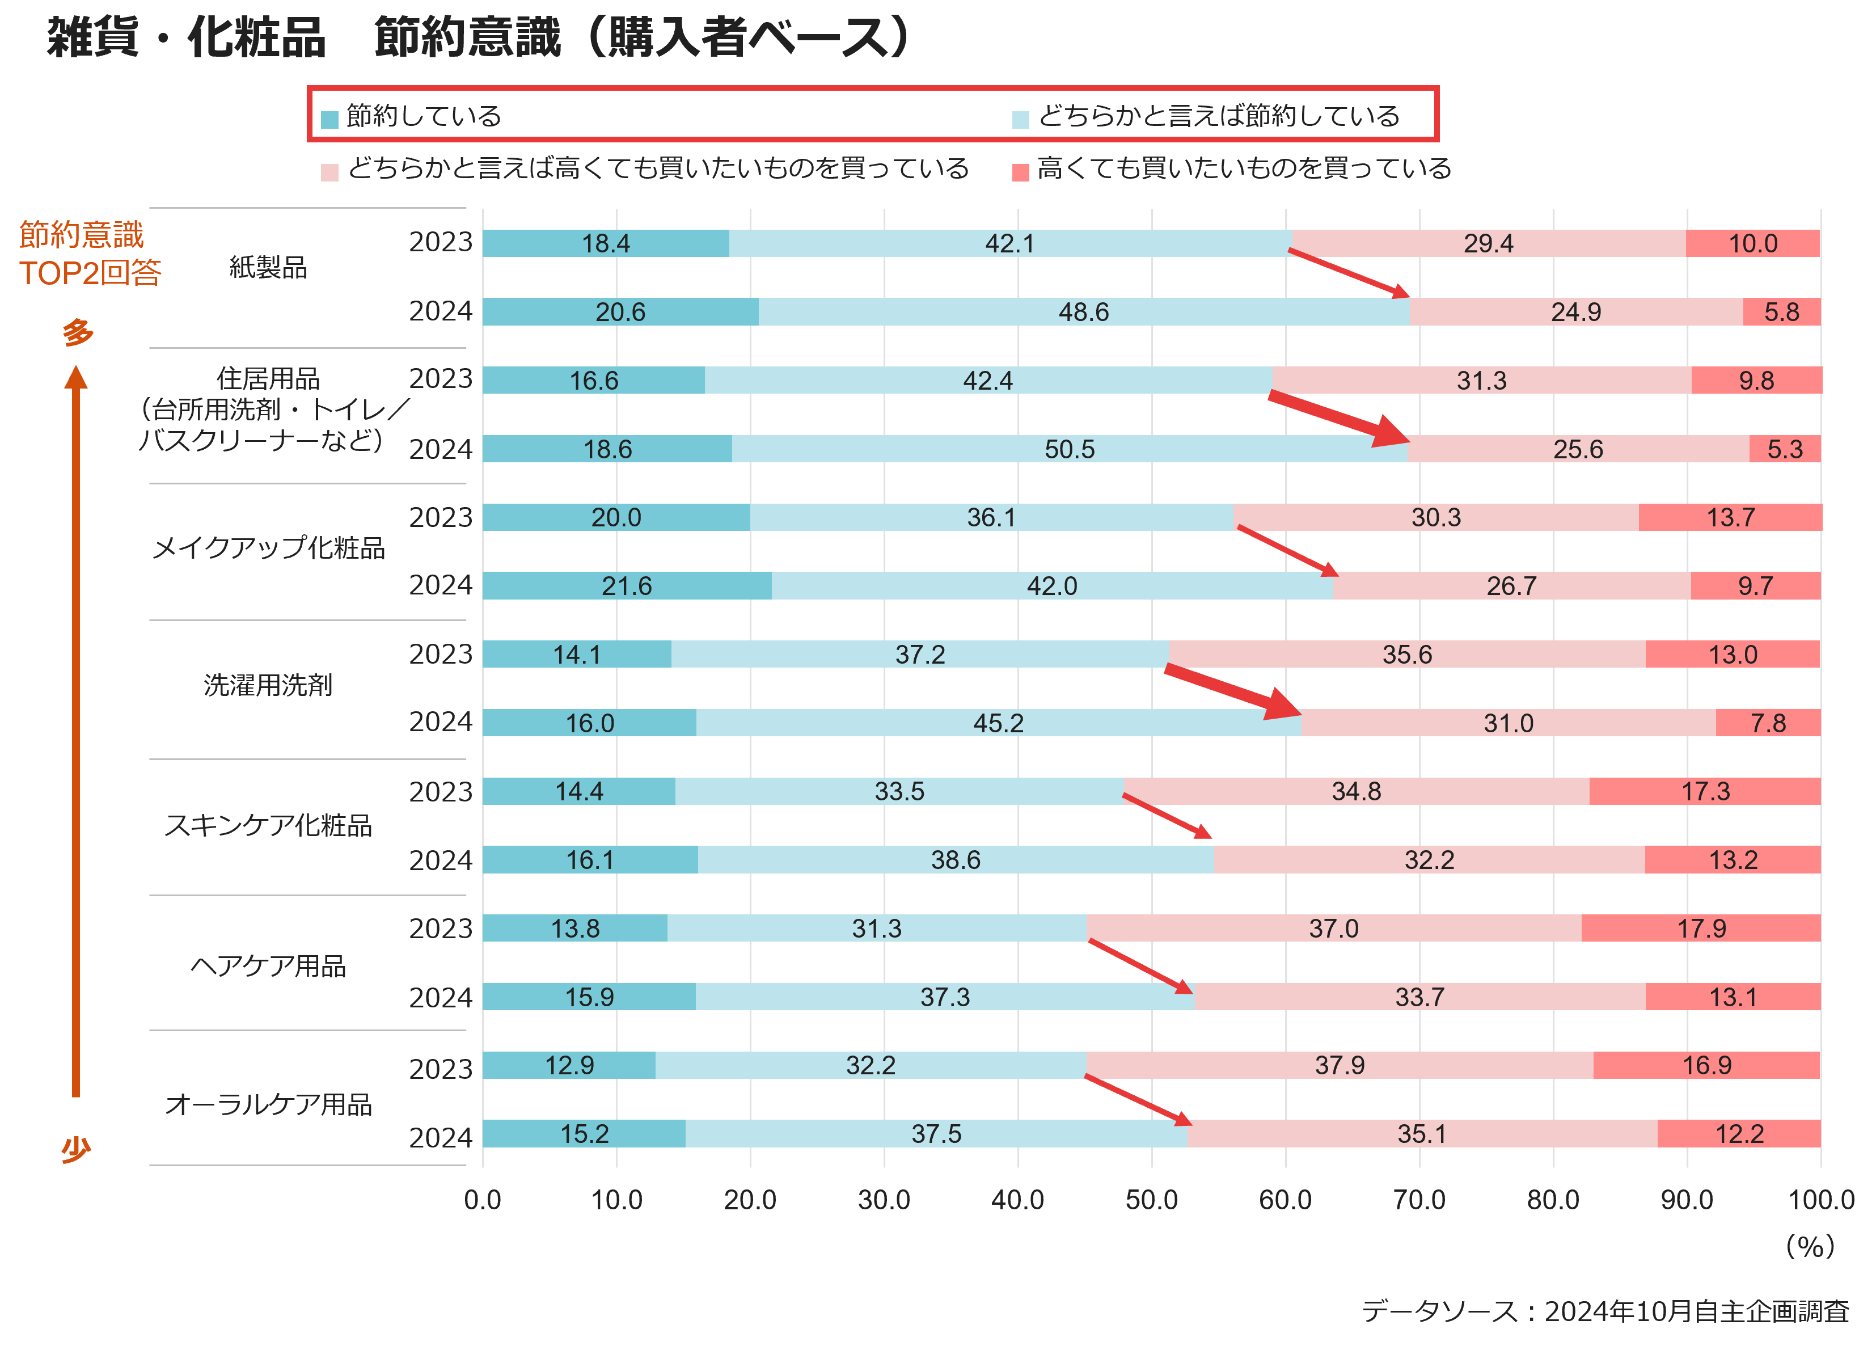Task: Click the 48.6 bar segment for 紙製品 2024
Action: point(1084,312)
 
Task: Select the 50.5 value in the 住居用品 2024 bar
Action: point(1070,449)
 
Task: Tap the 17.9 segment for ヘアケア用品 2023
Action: point(1701,928)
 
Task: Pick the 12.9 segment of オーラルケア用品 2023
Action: point(569,1065)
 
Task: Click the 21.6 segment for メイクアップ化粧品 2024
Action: point(627,586)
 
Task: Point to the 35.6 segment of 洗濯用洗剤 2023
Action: point(1407,655)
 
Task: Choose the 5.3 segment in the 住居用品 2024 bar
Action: point(1785,449)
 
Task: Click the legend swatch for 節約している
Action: point(330,119)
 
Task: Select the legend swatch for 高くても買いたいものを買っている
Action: point(1021,172)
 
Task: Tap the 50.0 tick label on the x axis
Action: point(1151,1200)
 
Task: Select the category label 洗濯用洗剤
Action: point(268,685)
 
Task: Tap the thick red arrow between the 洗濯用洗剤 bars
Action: point(1232,691)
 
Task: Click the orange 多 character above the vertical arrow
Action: point(78,332)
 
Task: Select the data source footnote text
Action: point(1605,1311)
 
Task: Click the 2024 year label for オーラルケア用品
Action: point(441,1137)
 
